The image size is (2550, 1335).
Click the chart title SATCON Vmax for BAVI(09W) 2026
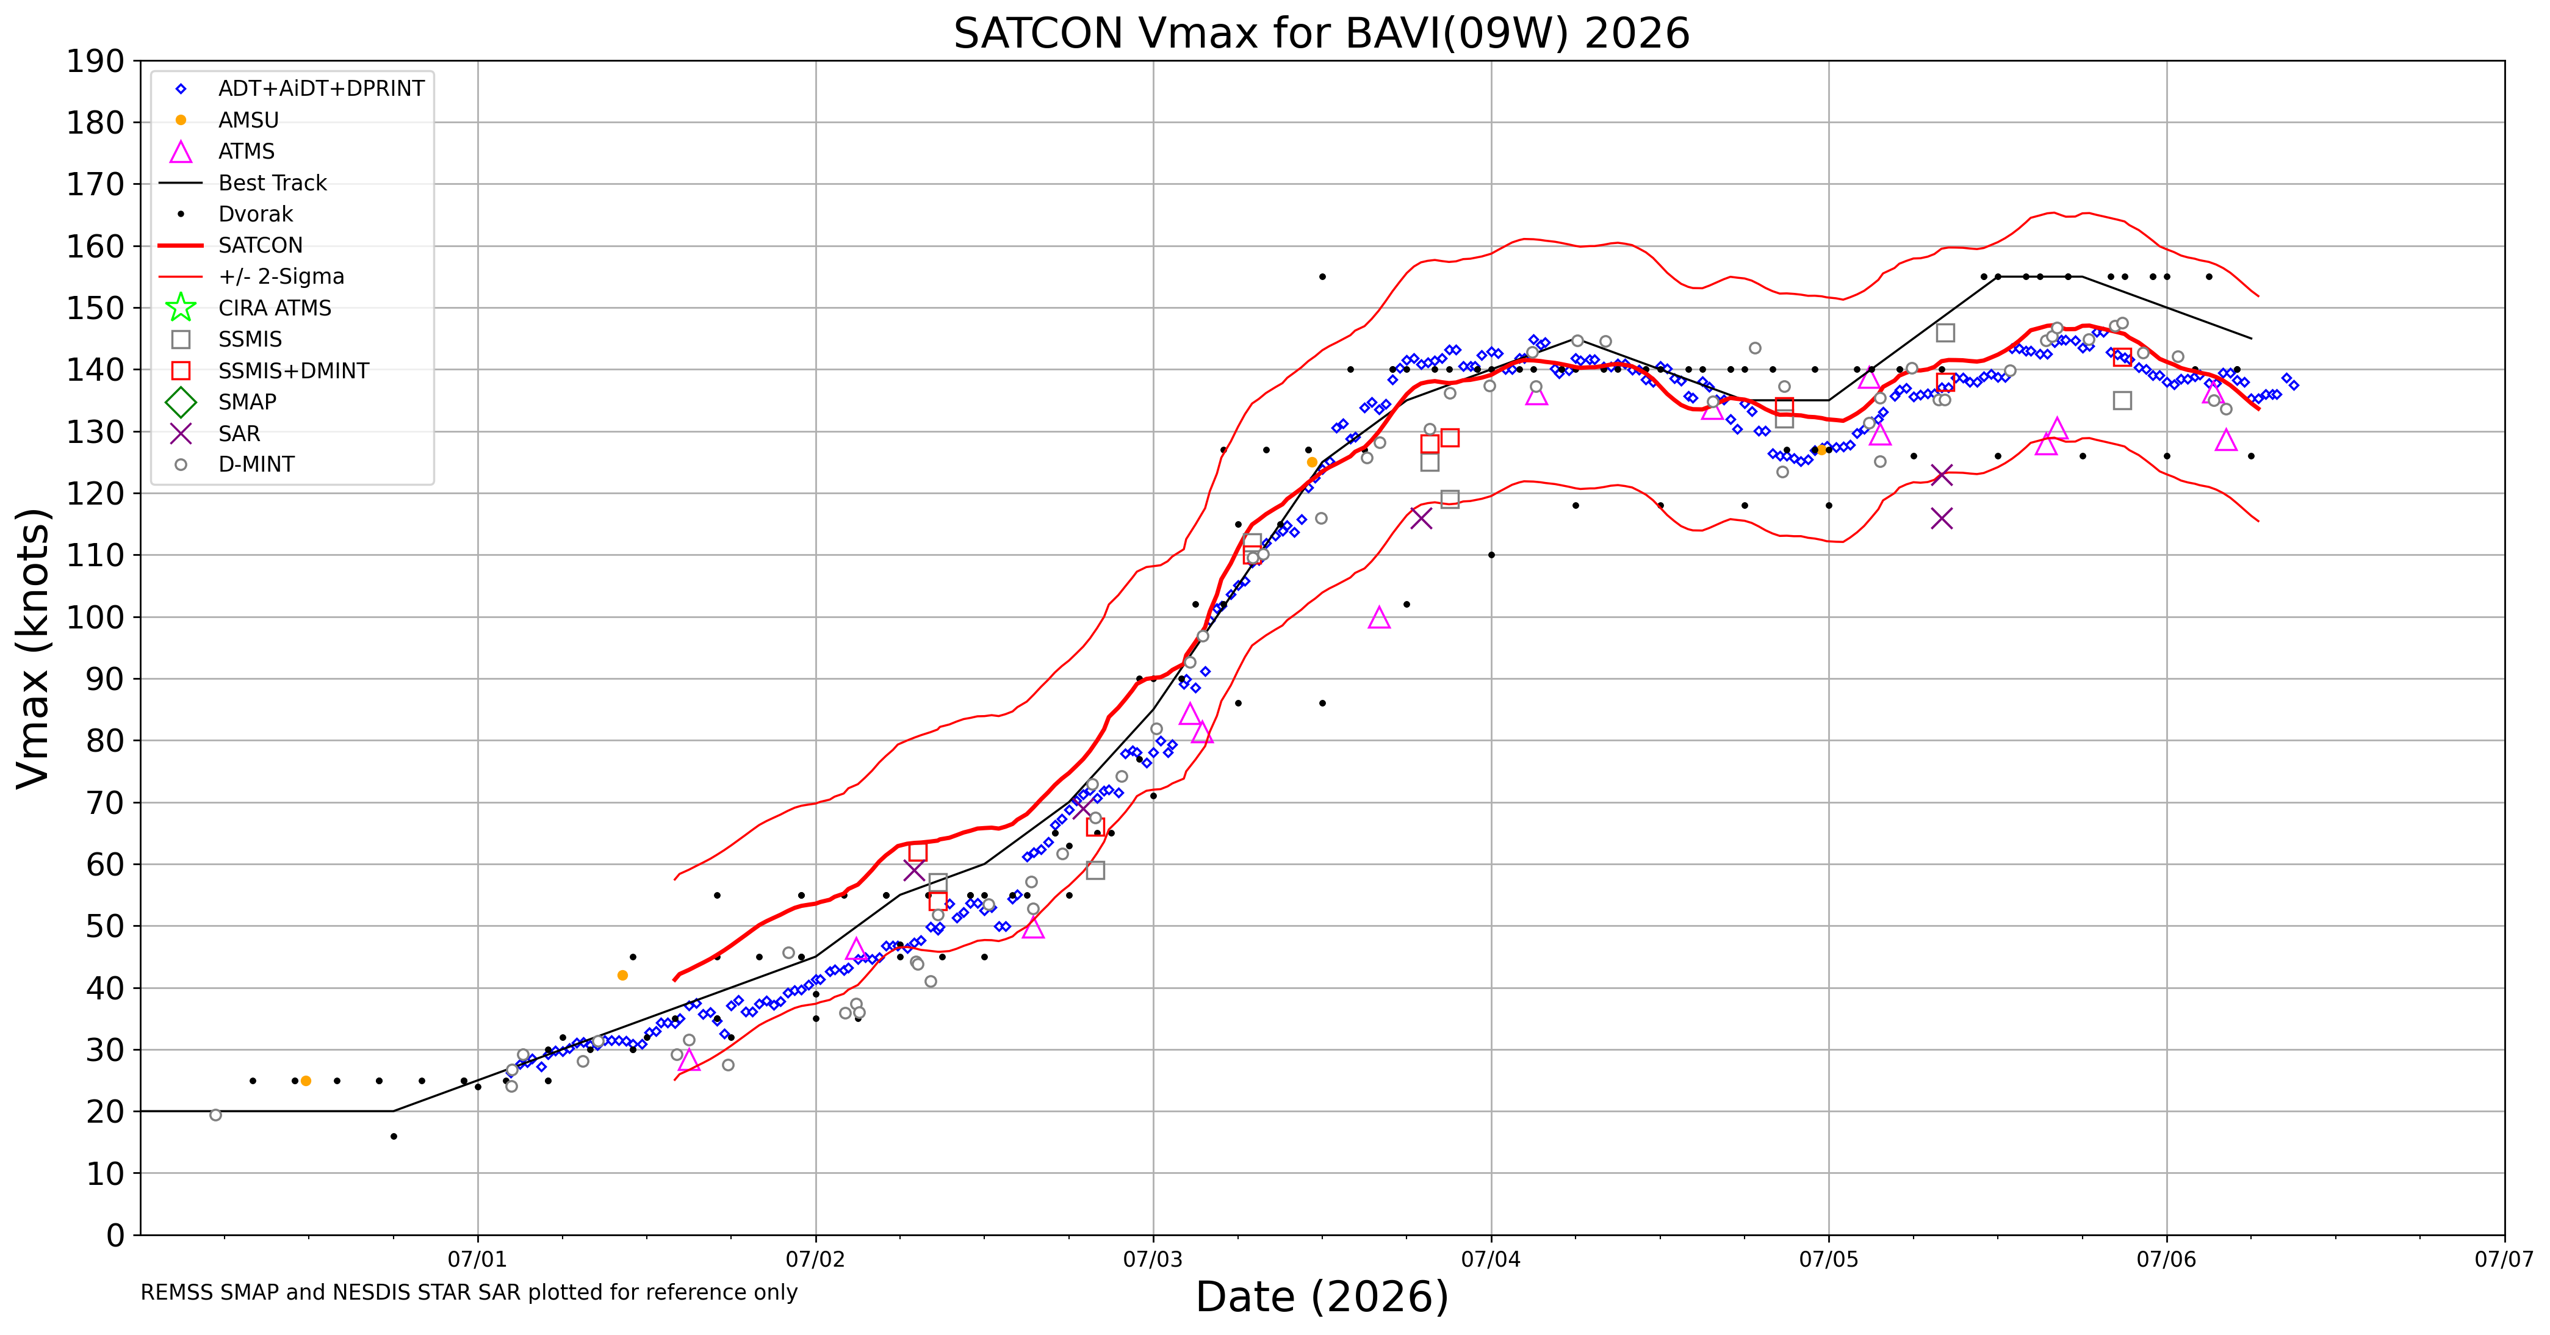click(x=1322, y=33)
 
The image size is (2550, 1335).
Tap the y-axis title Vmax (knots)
click(x=33, y=648)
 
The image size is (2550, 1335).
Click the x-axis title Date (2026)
click(x=1322, y=1297)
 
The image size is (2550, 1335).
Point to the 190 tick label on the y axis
click(x=96, y=62)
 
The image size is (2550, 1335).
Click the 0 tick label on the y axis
click(x=116, y=1235)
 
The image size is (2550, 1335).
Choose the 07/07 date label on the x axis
click(x=2504, y=1260)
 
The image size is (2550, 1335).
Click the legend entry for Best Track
click(x=272, y=183)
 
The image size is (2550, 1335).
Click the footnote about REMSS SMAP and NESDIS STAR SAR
click(x=469, y=1292)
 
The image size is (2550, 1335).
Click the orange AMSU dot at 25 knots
click(x=306, y=1081)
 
